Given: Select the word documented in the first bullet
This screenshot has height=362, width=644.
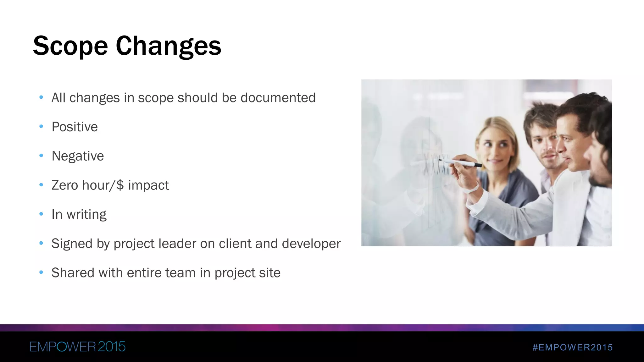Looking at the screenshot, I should click(278, 98).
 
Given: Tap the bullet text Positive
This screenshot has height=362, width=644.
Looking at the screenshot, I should click(75, 127).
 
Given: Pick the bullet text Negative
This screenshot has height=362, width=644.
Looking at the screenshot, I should click(78, 156).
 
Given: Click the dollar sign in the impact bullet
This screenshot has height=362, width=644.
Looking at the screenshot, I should click(120, 185).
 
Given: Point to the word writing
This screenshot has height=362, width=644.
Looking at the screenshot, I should click(86, 215).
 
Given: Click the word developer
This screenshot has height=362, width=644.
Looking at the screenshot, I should click(311, 244).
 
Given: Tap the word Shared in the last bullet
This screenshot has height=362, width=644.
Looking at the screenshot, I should click(73, 273).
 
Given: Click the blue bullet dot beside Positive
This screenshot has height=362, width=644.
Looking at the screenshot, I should click(41, 127).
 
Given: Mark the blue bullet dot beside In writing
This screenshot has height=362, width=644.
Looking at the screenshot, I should click(41, 214).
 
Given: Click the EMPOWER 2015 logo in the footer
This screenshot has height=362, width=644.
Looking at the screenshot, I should click(77, 347).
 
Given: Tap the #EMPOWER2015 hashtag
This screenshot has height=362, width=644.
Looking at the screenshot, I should click(573, 347).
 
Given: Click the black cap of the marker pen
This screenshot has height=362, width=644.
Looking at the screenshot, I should click(477, 165).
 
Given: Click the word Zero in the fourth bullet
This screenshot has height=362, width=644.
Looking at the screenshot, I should click(65, 185).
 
